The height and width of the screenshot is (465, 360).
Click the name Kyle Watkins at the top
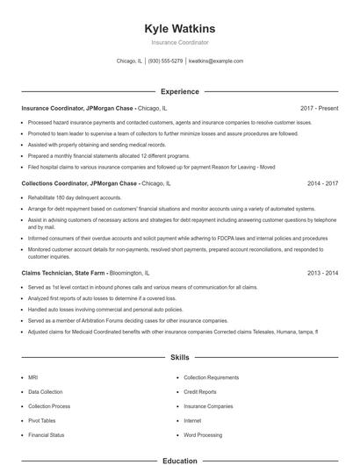click(x=179, y=29)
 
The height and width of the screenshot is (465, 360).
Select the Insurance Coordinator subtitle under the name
click(x=179, y=42)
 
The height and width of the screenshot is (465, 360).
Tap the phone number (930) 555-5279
click(x=165, y=61)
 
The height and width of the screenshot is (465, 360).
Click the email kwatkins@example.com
click(x=216, y=61)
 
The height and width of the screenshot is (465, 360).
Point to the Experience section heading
click(x=179, y=91)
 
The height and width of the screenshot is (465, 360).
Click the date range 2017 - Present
click(x=319, y=108)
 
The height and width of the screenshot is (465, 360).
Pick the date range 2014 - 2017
click(x=322, y=183)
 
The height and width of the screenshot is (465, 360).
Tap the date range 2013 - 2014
click(x=322, y=274)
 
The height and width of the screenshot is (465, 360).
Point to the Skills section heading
click(x=179, y=358)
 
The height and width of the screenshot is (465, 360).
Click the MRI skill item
click(x=32, y=377)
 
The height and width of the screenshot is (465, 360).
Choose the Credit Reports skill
click(x=200, y=391)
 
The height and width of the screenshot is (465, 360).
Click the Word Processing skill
click(x=203, y=435)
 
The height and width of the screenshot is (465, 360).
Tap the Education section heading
click(x=179, y=460)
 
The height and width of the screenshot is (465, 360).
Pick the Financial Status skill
click(x=46, y=435)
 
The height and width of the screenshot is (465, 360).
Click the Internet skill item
click(x=192, y=420)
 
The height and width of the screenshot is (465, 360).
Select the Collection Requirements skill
click(x=211, y=377)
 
